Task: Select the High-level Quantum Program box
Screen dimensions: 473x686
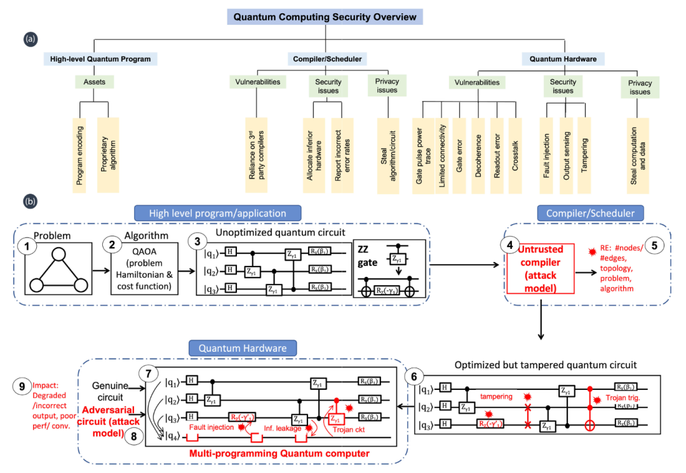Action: point(101,59)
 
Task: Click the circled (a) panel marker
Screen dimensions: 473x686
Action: point(29,39)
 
